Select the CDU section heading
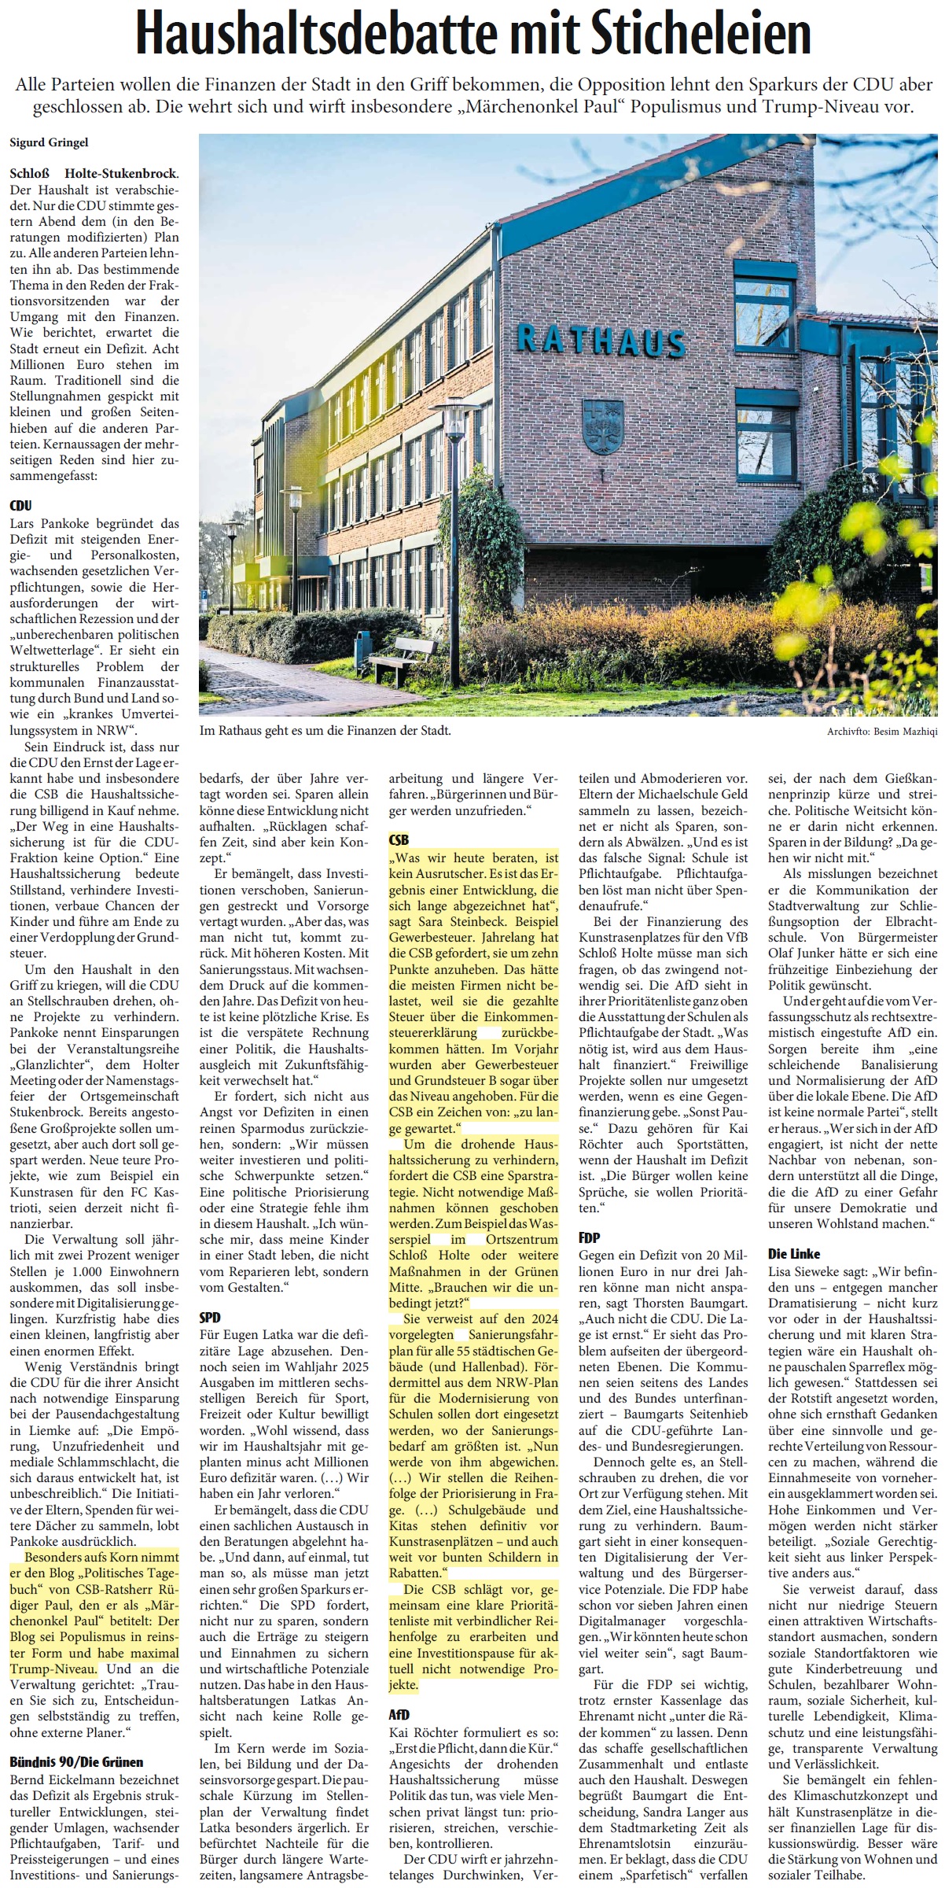(20, 506)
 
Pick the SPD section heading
(210, 1317)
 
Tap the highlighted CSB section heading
(399, 840)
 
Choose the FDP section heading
(590, 1237)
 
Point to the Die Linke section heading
(794, 1253)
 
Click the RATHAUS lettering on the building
(601, 339)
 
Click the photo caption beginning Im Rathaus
(325, 731)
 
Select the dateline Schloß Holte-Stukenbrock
(94, 173)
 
